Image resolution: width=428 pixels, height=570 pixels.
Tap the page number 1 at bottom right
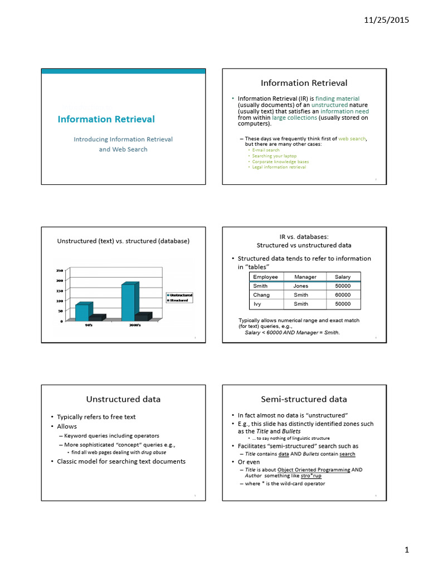(x=407, y=550)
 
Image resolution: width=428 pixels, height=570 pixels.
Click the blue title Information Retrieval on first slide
(x=106, y=119)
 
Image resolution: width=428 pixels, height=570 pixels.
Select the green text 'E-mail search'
(x=266, y=150)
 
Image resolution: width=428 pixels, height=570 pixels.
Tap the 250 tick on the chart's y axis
(x=59, y=271)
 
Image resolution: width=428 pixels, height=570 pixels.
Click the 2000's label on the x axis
(x=135, y=325)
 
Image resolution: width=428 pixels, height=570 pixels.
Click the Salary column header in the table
(x=343, y=277)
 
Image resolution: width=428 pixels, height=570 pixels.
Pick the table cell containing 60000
(x=343, y=295)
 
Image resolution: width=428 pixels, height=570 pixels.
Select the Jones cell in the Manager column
(x=301, y=286)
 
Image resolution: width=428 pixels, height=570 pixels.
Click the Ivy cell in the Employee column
(x=257, y=304)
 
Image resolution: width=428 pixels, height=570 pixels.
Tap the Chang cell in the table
(x=261, y=295)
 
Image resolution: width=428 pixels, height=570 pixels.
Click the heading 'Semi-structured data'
(x=304, y=399)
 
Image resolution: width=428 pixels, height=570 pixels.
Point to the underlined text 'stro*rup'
(x=311, y=476)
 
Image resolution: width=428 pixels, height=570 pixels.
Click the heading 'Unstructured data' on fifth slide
(x=123, y=399)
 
